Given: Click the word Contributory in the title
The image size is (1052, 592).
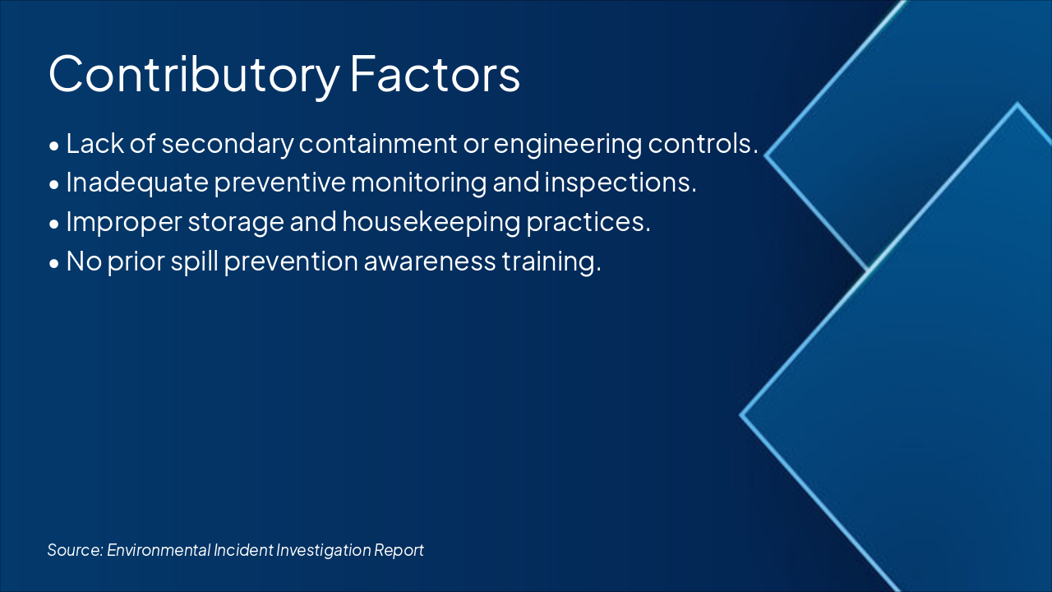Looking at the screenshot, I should click(193, 75).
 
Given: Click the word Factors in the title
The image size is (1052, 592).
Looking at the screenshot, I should click(435, 75).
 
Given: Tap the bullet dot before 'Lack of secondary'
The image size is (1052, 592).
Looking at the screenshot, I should click(54, 146).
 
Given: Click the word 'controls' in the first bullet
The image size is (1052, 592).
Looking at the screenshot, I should click(701, 144).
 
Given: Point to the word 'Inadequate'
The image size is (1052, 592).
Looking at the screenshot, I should click(137, 183).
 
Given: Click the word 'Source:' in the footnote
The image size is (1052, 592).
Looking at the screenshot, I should click(75, 550).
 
